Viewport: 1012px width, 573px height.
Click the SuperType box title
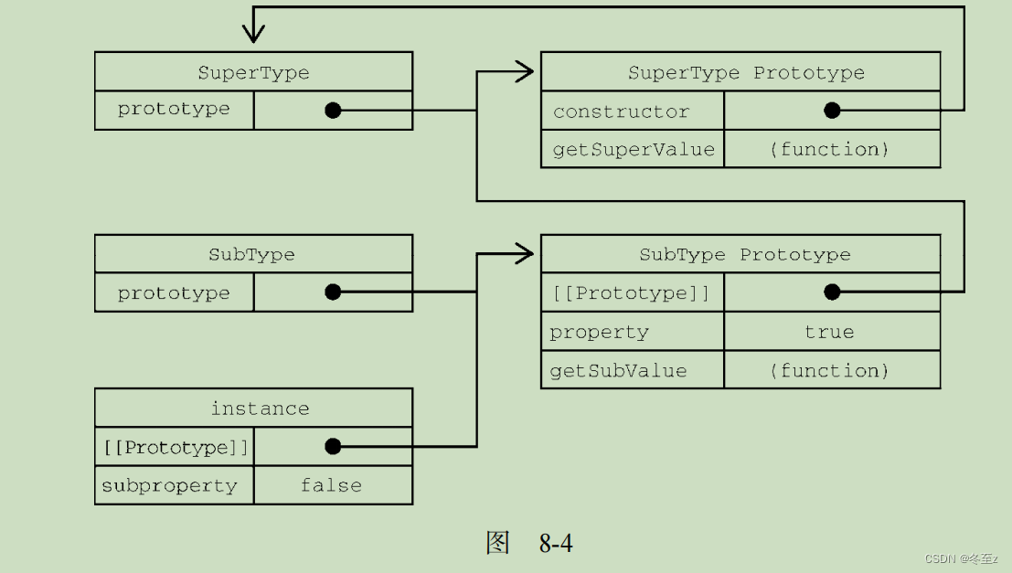pyautogui.click(x=253, y=72)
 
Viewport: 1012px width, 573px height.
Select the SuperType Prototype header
pyautogui.click(x=745, y=72)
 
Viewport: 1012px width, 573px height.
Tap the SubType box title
pyautogui.click(x=251, y=254)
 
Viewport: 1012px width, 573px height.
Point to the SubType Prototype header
pyautogui.click(x=744, y=254)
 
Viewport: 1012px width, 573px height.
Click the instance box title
pyautogui.click(x=260, y=409)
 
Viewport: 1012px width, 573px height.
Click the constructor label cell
pyautogui.click(x=621, y=111)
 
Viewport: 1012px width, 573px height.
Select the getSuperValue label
pyautogui.click(x=634, y=149)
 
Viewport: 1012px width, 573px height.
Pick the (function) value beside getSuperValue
pyautogui.click(x=829, y=149)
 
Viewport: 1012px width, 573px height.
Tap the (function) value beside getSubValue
pyautogui.click(x=829, y=370)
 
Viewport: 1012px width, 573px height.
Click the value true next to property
pyautogui.click(x=829, y=332)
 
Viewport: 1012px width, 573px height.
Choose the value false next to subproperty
pyautogui.click(x=331, y=485)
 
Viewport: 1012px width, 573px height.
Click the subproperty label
pyautogui.click(x=169, y=485)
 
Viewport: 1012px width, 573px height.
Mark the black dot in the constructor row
pyautogui.click(x=832, y=111)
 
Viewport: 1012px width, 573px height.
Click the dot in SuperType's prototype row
pyautogui.click(x=333, y=111)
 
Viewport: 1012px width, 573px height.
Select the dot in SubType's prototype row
pyautogui.click(x=333, y=292)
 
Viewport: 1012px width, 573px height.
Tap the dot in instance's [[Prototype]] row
pyautogui.click(x=333, y=446)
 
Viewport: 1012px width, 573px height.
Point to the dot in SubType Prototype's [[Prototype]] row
pyautogui.click(x=832, y=292)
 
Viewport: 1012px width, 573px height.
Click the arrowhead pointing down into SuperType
pyautogui.click(x=253, y=35)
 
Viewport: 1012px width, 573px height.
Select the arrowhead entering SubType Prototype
pyautogui.click(x=526, y=254)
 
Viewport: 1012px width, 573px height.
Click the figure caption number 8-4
pyautogui.click(x=556, y=544)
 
